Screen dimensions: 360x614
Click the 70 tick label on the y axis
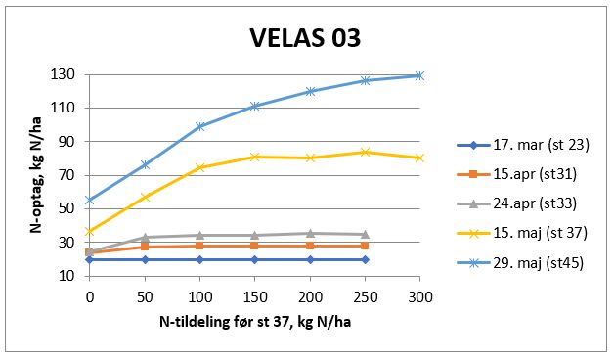pos(70,175)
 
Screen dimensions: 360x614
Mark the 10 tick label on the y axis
pos(70,276)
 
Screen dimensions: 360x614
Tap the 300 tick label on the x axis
pos(419,295)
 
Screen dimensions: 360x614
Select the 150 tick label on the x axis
pos(254,295)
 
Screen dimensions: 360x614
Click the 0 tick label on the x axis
pos(90,295)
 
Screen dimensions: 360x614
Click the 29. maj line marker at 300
pos(419,75)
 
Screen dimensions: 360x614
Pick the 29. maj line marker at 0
pos(90,200)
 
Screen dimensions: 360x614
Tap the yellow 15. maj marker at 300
pos(419,157)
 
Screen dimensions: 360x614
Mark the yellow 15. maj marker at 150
pos(254,157)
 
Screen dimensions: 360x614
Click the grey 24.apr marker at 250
pos(365,234)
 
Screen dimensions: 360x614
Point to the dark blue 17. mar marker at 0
pos(90,259)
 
